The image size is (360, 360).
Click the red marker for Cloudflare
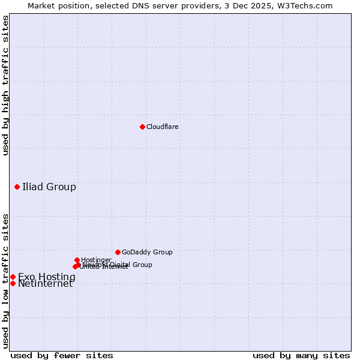pos(142,127)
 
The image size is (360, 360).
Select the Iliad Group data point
pos(17,187)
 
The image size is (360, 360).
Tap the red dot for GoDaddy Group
pos(118,252)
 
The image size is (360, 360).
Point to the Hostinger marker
pos(77,260)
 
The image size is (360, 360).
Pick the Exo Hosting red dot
pos(13,277)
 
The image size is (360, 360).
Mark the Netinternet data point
pos(13,283)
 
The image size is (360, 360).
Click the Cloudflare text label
pos(162,127)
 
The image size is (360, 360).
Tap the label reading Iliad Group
pos(49,187)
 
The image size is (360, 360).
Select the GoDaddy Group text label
pos(147,252)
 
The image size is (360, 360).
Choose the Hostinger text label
pos(96,260)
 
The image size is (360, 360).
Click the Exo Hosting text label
pos(47,277)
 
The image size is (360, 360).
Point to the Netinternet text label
pos(45,284)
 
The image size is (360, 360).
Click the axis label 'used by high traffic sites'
pos(5,85)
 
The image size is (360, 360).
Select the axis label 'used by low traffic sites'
pos(5,280)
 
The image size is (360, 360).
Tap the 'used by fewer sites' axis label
pos(62,356)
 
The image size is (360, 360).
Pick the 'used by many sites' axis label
pos(301,356)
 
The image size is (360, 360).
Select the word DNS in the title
pos(151,5)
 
